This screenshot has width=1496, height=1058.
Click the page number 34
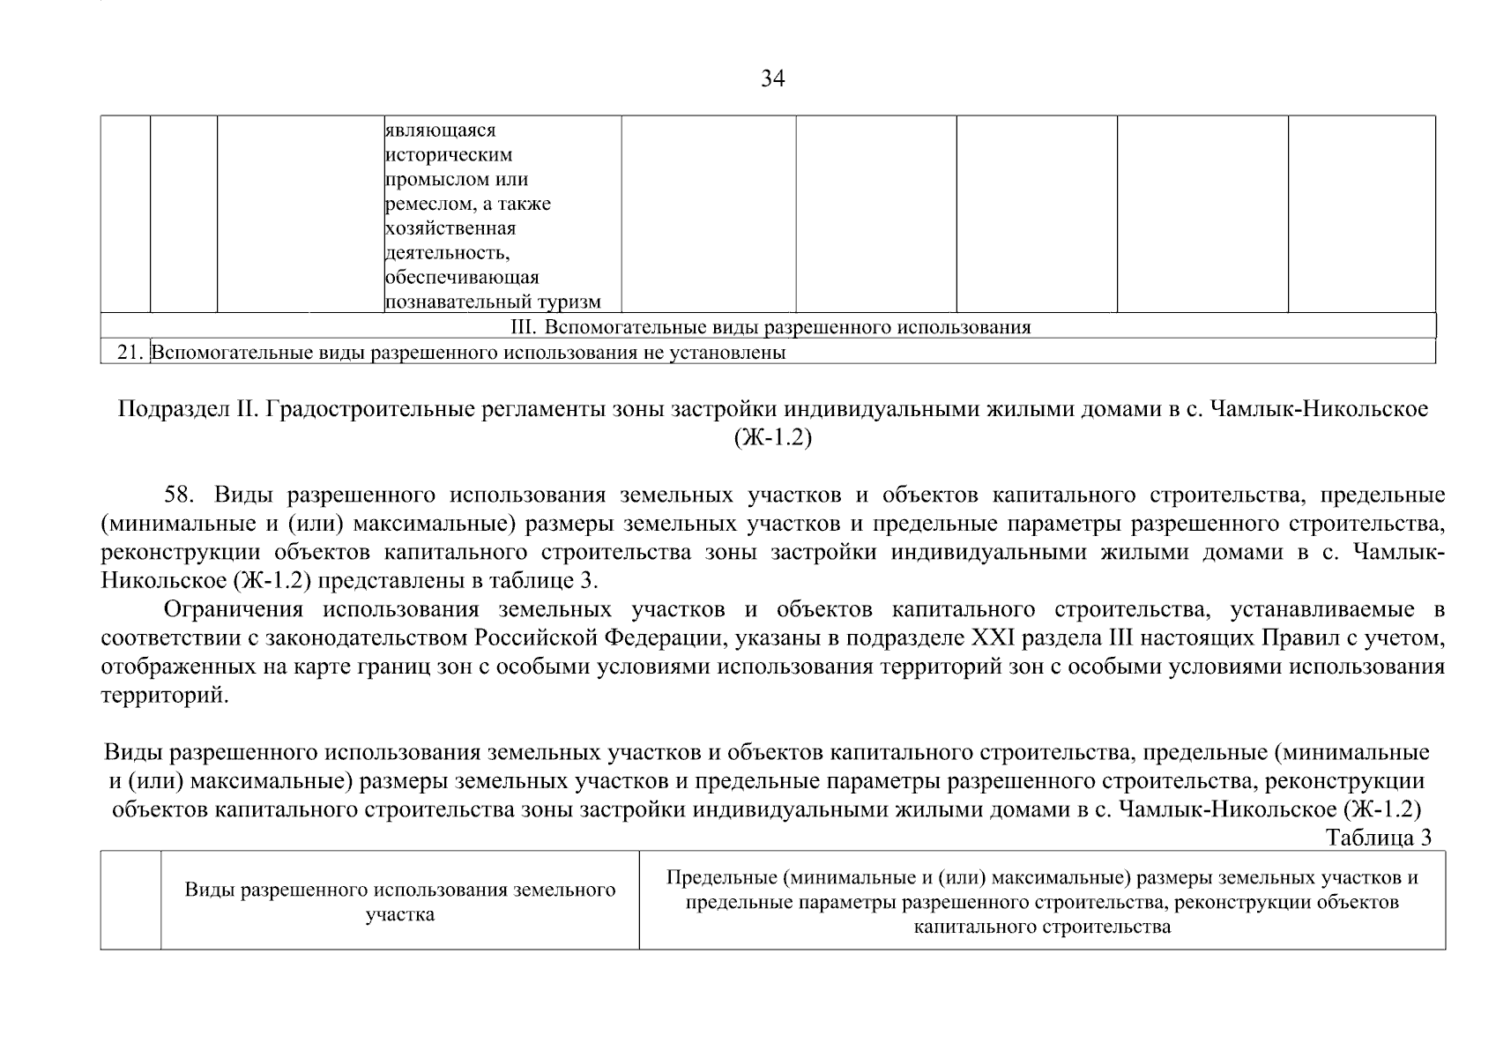772,79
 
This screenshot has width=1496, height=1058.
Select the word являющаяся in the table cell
441,130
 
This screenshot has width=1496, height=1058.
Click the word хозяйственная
450,229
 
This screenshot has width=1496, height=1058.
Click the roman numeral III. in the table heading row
524,328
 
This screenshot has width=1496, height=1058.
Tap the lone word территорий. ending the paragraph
164,696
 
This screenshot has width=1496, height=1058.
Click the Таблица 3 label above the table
1378,838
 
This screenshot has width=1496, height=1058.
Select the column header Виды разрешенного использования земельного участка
399,901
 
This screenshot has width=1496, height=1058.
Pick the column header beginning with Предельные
1042,902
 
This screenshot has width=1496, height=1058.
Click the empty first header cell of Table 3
130,900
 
